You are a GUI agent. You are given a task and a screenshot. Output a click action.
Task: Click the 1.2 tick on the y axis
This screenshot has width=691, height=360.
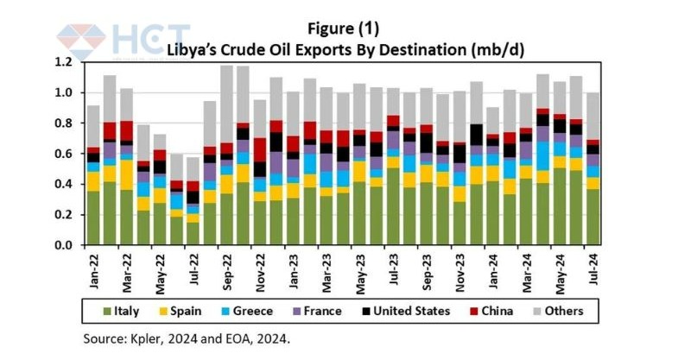tap(63, 62)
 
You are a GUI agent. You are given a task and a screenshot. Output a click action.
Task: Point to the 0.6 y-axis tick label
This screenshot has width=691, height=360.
tap(63, 154)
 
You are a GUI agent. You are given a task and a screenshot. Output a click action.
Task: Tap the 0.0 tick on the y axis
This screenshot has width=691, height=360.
tap(63, 245)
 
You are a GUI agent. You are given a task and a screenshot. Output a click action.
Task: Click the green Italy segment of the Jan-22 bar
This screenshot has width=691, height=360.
tap(92, 218)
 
